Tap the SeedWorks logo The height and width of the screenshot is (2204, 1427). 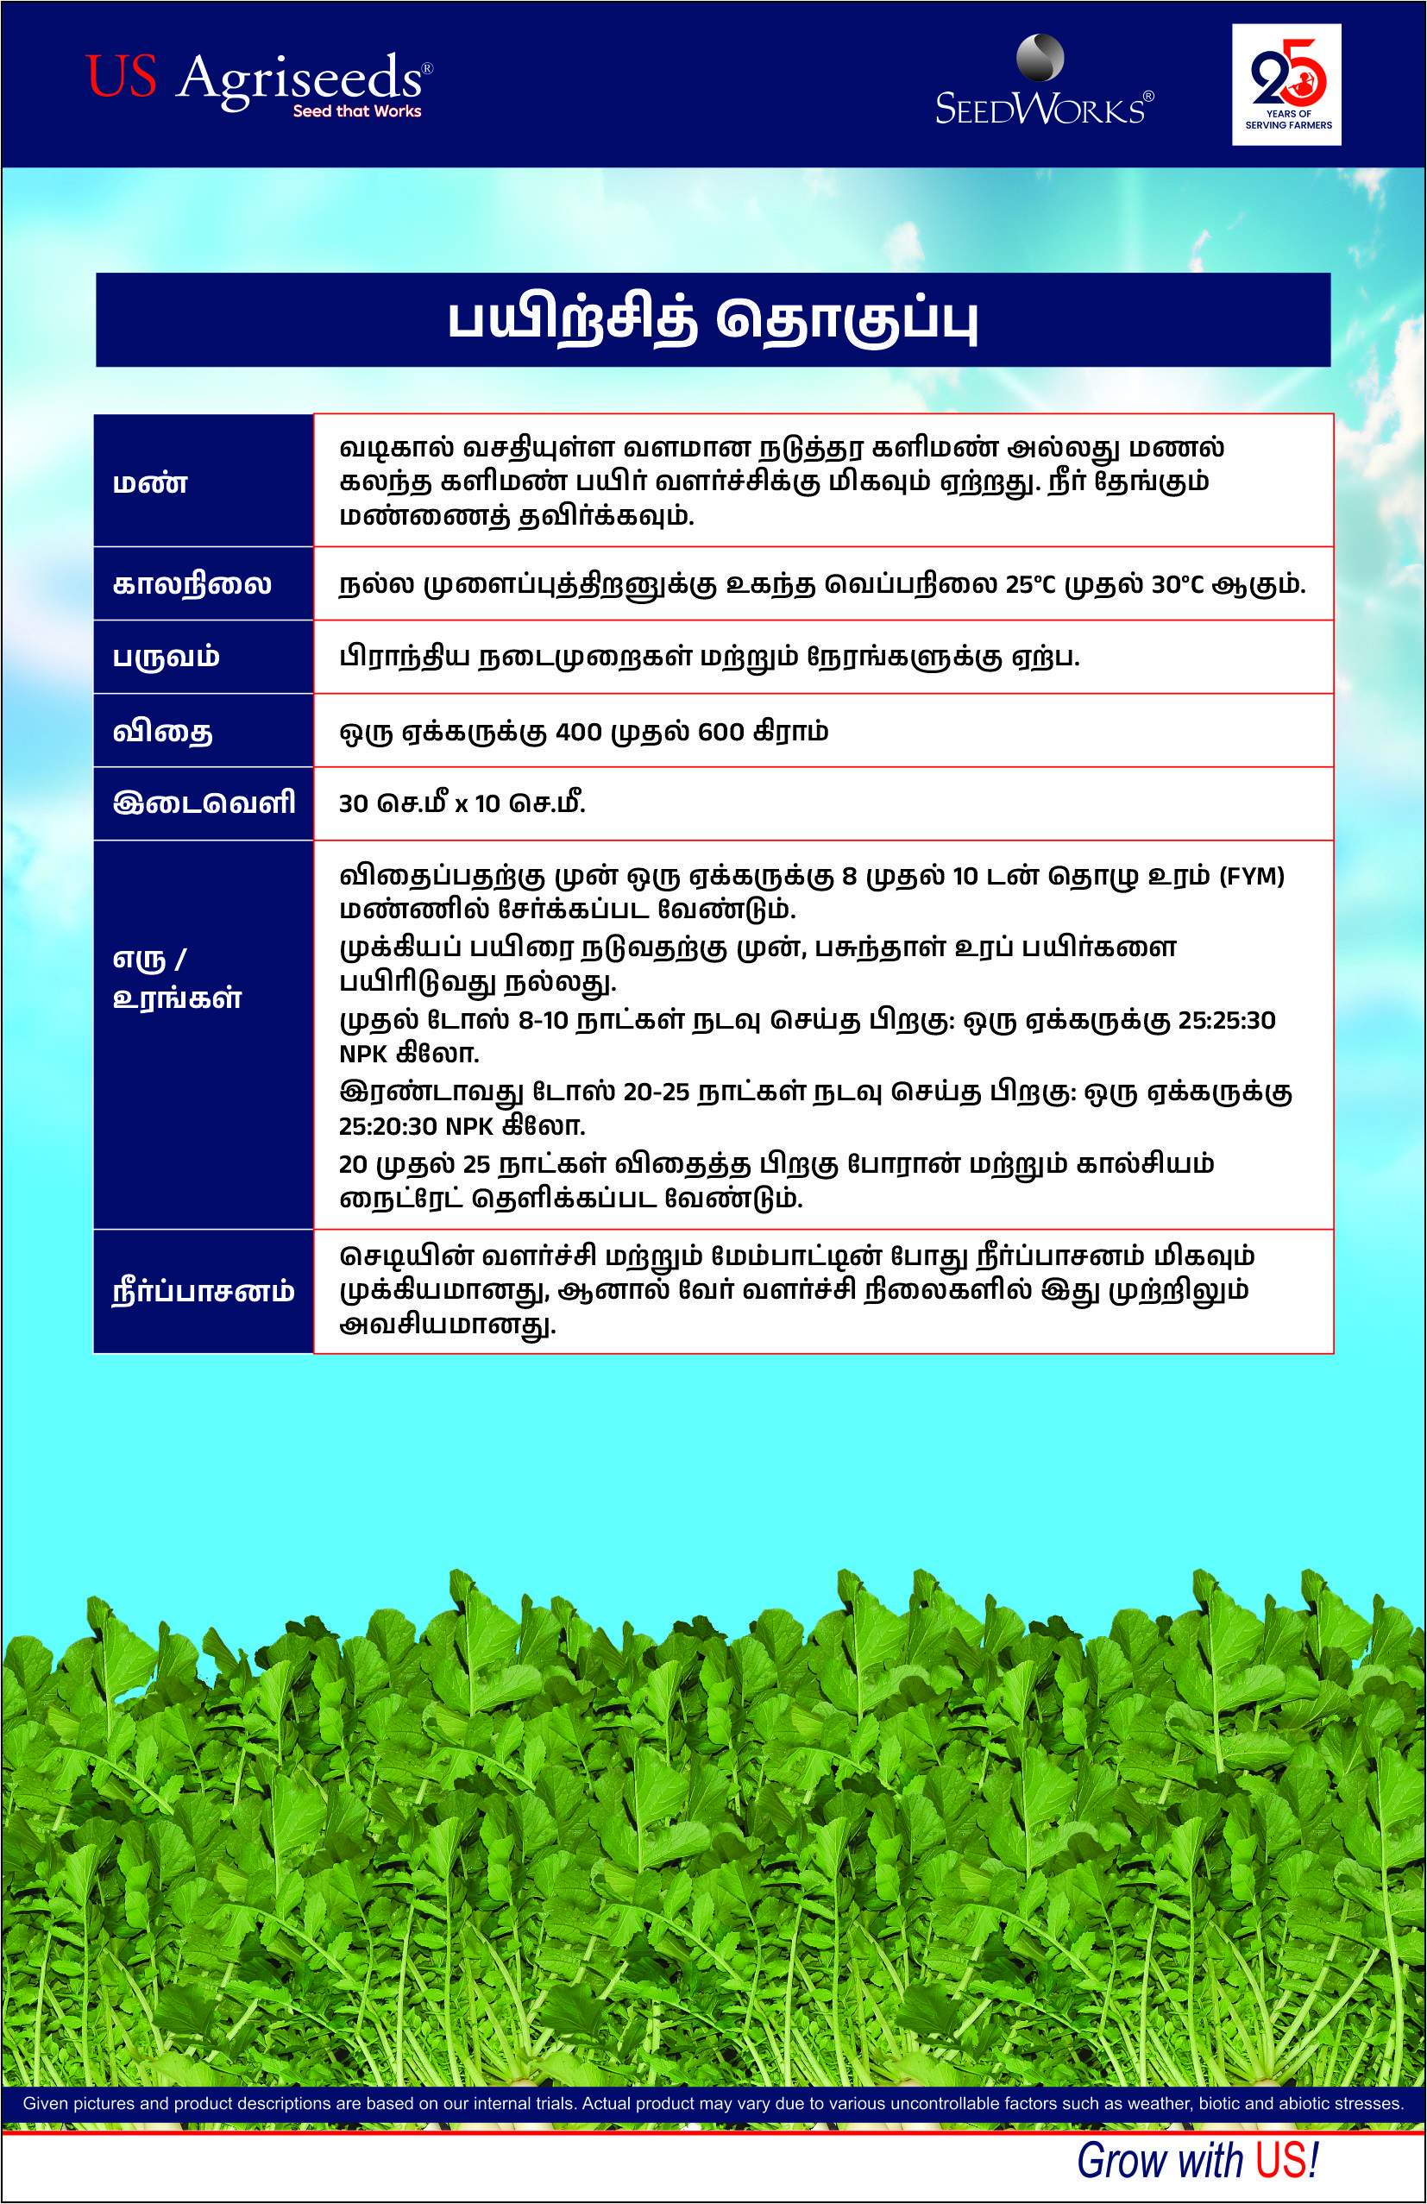1044,84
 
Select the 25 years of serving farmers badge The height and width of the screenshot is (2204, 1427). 1286,85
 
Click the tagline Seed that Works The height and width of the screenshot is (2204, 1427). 356,112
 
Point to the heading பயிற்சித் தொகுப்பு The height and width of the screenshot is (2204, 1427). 713,319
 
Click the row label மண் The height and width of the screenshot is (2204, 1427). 150,482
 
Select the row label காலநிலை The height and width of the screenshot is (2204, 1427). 192,584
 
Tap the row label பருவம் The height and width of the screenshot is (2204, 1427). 166,657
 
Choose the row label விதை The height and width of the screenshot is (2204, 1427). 162,732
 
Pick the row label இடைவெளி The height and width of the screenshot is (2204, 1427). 204,803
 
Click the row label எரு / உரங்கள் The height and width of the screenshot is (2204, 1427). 176,978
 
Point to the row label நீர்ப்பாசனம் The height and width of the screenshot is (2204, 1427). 203,1291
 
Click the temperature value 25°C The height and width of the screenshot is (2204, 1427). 1030,585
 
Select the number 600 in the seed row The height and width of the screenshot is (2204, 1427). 720,733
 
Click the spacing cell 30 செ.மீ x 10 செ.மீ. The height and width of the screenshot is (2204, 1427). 462,803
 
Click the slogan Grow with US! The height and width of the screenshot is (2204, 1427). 1197,2162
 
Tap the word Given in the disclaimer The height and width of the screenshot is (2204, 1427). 45,2104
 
